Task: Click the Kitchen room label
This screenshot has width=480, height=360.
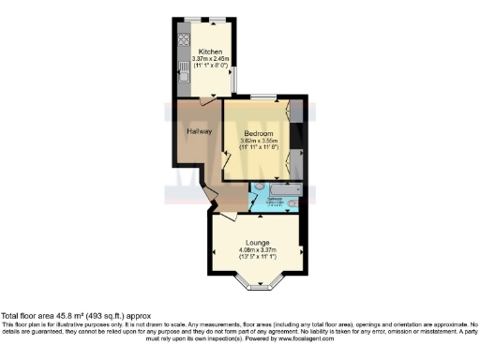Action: pos(207,50)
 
